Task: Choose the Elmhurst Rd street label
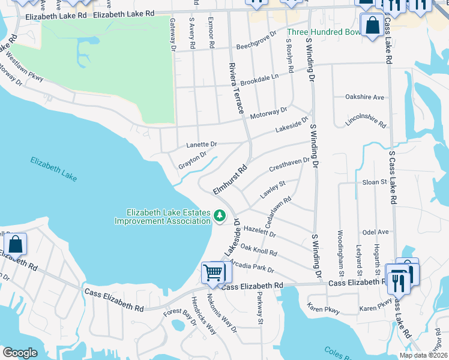pos(231,179)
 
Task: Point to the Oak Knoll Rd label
pos(258,250)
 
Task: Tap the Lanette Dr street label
pos(201,145)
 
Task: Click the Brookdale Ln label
pos(259,79)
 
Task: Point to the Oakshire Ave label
pos(364,97)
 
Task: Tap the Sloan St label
pos(375,182)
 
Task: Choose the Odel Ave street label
pos(375,232)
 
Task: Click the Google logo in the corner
pos(20,352)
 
